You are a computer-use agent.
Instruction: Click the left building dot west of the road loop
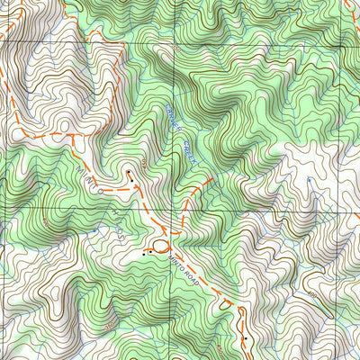143,255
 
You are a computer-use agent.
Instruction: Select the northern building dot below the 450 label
129,172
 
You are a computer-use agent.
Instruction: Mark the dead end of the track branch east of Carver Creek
213,177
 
